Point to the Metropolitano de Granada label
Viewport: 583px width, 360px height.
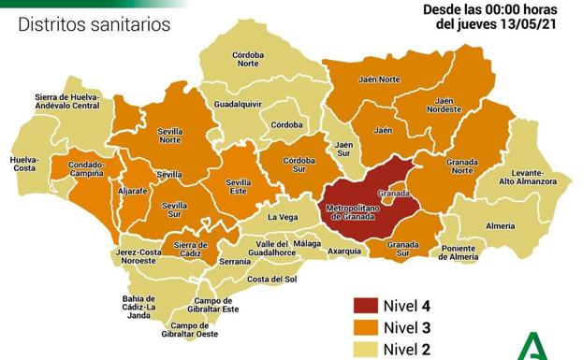(354, 211)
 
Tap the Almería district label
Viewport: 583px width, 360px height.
(502, 226)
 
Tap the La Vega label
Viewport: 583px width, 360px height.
(283, 217)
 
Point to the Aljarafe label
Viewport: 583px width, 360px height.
(136, 190)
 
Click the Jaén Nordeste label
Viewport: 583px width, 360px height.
(445, 105)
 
